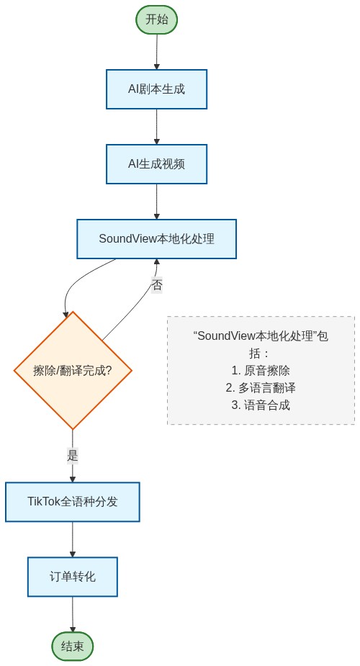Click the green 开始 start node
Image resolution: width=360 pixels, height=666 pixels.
[156, 19]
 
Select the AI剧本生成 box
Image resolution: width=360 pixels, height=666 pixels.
[156, 89]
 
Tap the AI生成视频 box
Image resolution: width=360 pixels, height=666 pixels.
[156, 164]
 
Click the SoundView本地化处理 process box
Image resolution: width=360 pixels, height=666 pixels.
[156, 239]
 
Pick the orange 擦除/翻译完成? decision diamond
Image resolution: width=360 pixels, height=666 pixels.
[73, 371]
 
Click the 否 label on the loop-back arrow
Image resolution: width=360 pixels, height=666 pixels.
[156, 285]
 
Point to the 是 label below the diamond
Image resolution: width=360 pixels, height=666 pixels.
[73, 455]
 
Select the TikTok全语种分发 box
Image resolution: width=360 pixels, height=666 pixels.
[73, 502]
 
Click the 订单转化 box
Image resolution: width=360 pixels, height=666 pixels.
[73, 577]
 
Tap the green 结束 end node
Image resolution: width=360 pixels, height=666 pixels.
[73, 646]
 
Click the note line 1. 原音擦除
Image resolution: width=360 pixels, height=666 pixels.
[261, 370]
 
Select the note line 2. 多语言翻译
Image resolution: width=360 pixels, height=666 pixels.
[261, 387]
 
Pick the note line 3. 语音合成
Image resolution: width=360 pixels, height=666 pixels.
[261, 405]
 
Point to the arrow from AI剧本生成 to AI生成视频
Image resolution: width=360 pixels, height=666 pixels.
[156, 127]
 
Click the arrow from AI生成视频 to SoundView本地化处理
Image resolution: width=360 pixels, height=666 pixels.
[156, 202]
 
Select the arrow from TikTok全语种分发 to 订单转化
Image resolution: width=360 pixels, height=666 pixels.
[73, 539]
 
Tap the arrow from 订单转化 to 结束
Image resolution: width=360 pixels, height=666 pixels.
[73, 614]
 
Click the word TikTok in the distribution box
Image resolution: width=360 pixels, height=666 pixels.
[44, 502]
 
